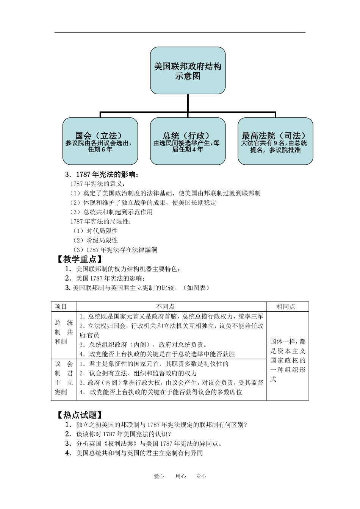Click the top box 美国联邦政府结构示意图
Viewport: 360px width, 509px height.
tap(188, 71)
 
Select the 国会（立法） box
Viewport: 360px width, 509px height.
tap(100, 141)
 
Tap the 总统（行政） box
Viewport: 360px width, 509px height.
tap(188, 141)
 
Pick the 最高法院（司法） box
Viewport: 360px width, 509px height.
tap(275, 141)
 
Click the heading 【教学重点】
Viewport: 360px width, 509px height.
tap(79, 259)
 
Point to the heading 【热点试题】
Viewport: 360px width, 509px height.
tap(79, 415)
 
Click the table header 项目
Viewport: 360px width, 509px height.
tap(61, 307)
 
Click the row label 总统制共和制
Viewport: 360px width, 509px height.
tap(64, 332)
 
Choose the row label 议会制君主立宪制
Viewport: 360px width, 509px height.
tap(64, 378)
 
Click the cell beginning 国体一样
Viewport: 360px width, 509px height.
tap(288, 360)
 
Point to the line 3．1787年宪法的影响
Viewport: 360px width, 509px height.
tap(102, 175)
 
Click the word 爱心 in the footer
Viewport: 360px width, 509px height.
tap(159, 476)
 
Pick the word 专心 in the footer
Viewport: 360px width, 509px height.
tap(201, 476)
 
